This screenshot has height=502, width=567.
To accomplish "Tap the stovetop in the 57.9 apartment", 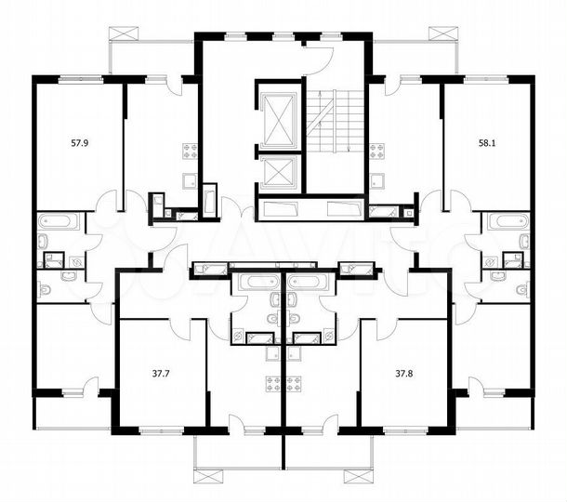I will (x=191, y=151).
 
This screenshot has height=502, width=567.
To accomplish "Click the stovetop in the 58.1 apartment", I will (x=376, y=151).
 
